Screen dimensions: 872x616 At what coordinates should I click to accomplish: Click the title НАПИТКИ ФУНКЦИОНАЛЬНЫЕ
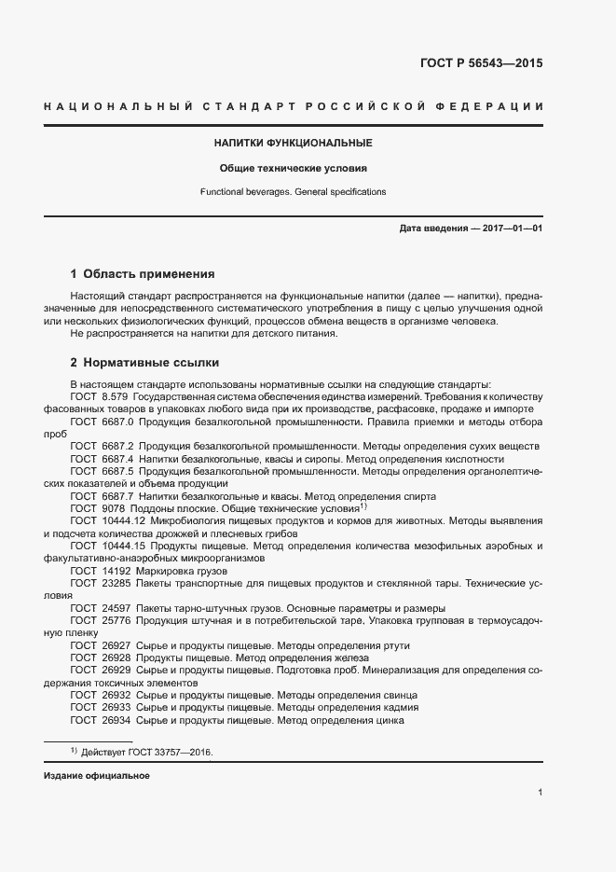pyautogui.click(x=294, y=143)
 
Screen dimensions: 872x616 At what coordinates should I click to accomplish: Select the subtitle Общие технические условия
pyautogui.click(x=294, y=169)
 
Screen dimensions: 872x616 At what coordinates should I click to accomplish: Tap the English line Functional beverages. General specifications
pyautogui.click(x=294, y=192)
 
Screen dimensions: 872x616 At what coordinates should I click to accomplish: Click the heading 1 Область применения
pyautogui.click(x=143, y=274)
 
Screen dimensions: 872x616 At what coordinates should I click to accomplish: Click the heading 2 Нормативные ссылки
pyautogui.click(x=144, y=362)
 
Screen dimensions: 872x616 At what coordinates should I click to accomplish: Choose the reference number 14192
pyautogui.click(x=115, y=570)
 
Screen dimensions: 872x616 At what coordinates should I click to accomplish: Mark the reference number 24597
pyautogui.click(x=115, y=607)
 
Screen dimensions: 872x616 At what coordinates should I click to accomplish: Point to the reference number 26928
pyautogui.click(x=115, y=657)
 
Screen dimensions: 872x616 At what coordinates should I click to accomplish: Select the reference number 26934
pyautogui.click(x=115, y=720)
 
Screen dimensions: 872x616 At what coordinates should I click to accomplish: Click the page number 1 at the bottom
pyautogui.click(x=540, y=793)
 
